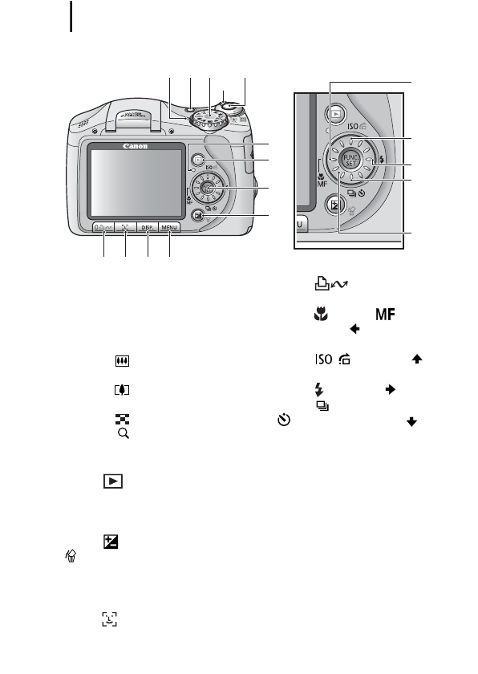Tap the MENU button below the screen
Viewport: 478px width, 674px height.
(x=168, y=228)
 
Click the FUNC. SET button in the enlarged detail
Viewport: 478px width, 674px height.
(x=350, y=157)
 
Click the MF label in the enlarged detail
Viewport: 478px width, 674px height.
(x=322, y=184)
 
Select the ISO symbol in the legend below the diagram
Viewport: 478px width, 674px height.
(x=313, y=361)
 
